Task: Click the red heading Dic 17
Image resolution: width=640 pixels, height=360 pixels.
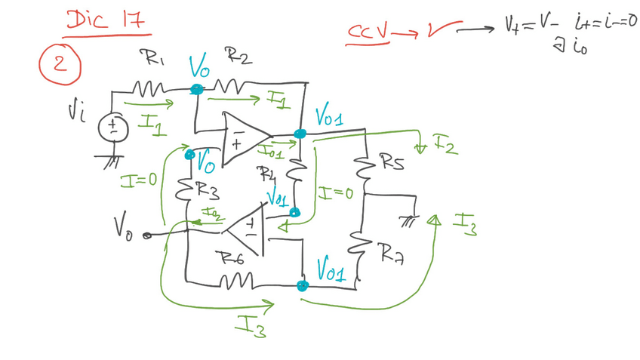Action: click(106, 20)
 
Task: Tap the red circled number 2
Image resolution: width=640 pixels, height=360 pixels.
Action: click(60, 64)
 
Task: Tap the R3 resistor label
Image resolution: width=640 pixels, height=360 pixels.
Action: click(208, 192)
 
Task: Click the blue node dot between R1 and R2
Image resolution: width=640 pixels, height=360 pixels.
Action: click(196, 89)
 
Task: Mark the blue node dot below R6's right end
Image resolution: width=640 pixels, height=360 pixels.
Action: click(302, 285)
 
